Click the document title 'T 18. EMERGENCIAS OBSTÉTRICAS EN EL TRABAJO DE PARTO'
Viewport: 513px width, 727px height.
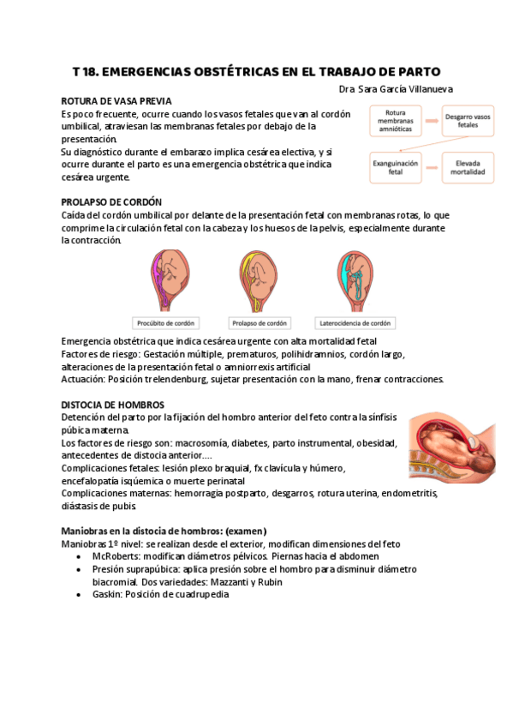pyautogui.click(x=257, y=71)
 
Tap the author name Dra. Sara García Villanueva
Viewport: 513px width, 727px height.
pyautogui.click(x=396, y=88)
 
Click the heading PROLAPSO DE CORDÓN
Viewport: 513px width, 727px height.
pyautogui.click(x=111, y=202)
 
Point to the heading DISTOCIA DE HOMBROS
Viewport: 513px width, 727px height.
pyautogui.click(x=113, y=404)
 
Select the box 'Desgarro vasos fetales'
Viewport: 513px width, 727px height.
pyautogui.click(x=468, y=120)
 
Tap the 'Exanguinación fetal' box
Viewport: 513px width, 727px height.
pyautogui.click(x=395, y=166)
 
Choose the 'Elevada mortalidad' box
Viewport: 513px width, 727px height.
pyautogui.click(x=468, y=166)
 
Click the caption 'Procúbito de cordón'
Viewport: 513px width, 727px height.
pyautogui.click(x=166, y=323)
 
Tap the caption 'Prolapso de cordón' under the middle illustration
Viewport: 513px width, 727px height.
pyautogui.click(x=259, y=323)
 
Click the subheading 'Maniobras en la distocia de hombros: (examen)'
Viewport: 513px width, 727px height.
pyautogui.click(x=164, y=531)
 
